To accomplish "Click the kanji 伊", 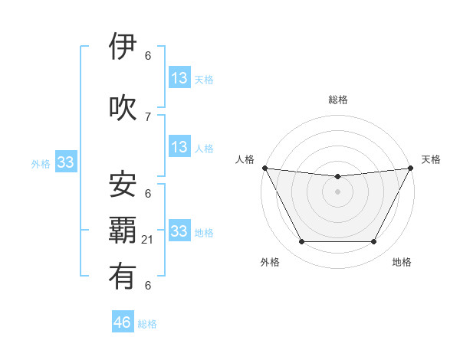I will click(123, 47).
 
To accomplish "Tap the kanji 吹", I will click(123, 107).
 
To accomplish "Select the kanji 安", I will click(123, 184).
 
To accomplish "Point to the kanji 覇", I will click(123, 231).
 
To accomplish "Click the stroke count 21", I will click(148, 240).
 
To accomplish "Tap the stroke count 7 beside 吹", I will click(148, 116).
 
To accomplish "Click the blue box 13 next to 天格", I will click(179, 78).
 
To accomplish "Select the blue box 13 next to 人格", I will click(179, 147).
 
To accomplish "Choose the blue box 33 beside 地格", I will click(179, 231).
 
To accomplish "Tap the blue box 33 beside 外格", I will click(65, 162).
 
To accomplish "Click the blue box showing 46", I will click(123, 322).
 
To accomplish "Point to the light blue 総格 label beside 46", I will click(147, 324).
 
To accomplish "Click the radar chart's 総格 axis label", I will click(337, 100).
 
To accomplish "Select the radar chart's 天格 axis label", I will click(431, 159).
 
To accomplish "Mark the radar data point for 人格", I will click(264, 168).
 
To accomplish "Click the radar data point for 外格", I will click(301, 242).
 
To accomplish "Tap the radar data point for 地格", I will click(373, 242).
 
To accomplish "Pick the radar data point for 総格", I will click(337, 177).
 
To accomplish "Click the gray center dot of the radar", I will click(337, 191).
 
